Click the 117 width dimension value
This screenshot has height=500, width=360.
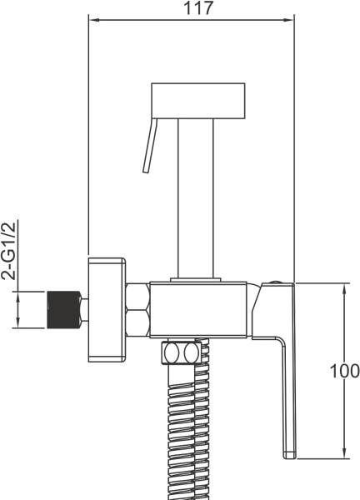[x=198, y=8]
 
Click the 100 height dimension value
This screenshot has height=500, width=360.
[x=345, y=371]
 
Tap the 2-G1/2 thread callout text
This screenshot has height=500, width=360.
[x=8, y=251]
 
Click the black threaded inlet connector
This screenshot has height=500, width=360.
[x=64, y=309]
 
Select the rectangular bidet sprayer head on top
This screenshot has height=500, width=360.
[x=198, y=101]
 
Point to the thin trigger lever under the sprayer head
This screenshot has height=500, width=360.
[x=150, y=146]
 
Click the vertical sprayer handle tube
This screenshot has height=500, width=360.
[x=196, y=198]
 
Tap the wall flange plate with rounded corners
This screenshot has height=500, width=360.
[x=107, y=310]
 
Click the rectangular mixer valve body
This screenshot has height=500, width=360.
[x=198, y=309]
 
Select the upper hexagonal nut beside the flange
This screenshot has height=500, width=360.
[x=137, y=296]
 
